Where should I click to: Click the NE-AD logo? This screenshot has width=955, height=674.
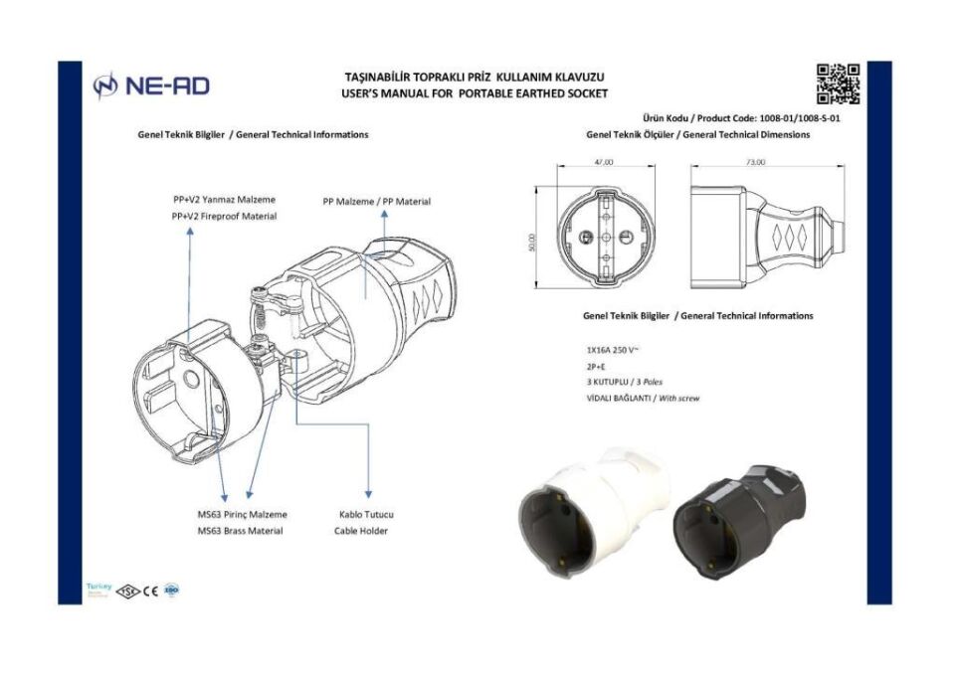click(x=151, y=86)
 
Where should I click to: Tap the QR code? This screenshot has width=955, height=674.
click(x=838, y=84)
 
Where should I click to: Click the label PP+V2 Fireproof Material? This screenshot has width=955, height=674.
click(x=224, y=216)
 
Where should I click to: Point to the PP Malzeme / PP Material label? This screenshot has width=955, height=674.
click(x=376, y=201)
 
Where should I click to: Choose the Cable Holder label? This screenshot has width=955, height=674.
click(x=360, y=531)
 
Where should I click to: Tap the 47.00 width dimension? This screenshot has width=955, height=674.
click(x=603, y=162)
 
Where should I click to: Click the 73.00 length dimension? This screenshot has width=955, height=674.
click(x=755, y=162)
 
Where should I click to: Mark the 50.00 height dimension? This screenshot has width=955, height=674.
click(x=532, y=242)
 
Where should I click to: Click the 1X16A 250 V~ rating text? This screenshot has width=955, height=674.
click(x=613, y=351)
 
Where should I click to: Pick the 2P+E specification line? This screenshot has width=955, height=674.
click(x=597, y=367)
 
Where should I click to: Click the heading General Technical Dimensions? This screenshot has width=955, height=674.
click(x=697, y=134)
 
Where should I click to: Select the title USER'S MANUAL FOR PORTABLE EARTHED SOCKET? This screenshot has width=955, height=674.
click(x=474, y=93)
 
